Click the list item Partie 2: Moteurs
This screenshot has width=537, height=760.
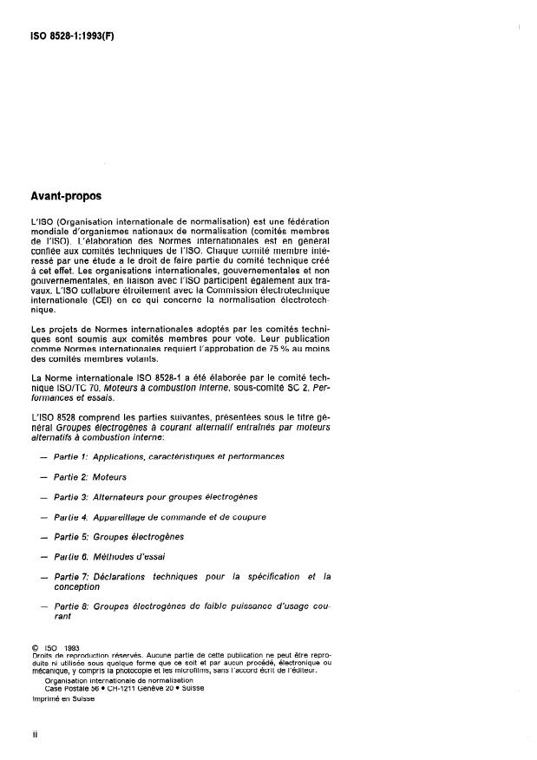[x=89, y=476]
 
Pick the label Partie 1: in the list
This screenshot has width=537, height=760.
[x=72, y=455]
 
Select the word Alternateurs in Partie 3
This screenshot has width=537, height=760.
[x=126, y=496]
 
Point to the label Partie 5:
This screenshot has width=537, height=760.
[x=72, y=536]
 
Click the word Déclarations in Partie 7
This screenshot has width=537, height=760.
[x=128, y=576]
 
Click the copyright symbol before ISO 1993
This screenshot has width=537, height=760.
[x=35, y=647]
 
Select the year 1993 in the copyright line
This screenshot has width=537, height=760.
[x=71, y=647]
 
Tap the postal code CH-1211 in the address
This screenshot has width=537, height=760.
[x=123, y=688]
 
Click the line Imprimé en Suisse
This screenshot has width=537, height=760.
[x=62, y=698]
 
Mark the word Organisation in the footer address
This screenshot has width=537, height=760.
[x=64, y=680]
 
